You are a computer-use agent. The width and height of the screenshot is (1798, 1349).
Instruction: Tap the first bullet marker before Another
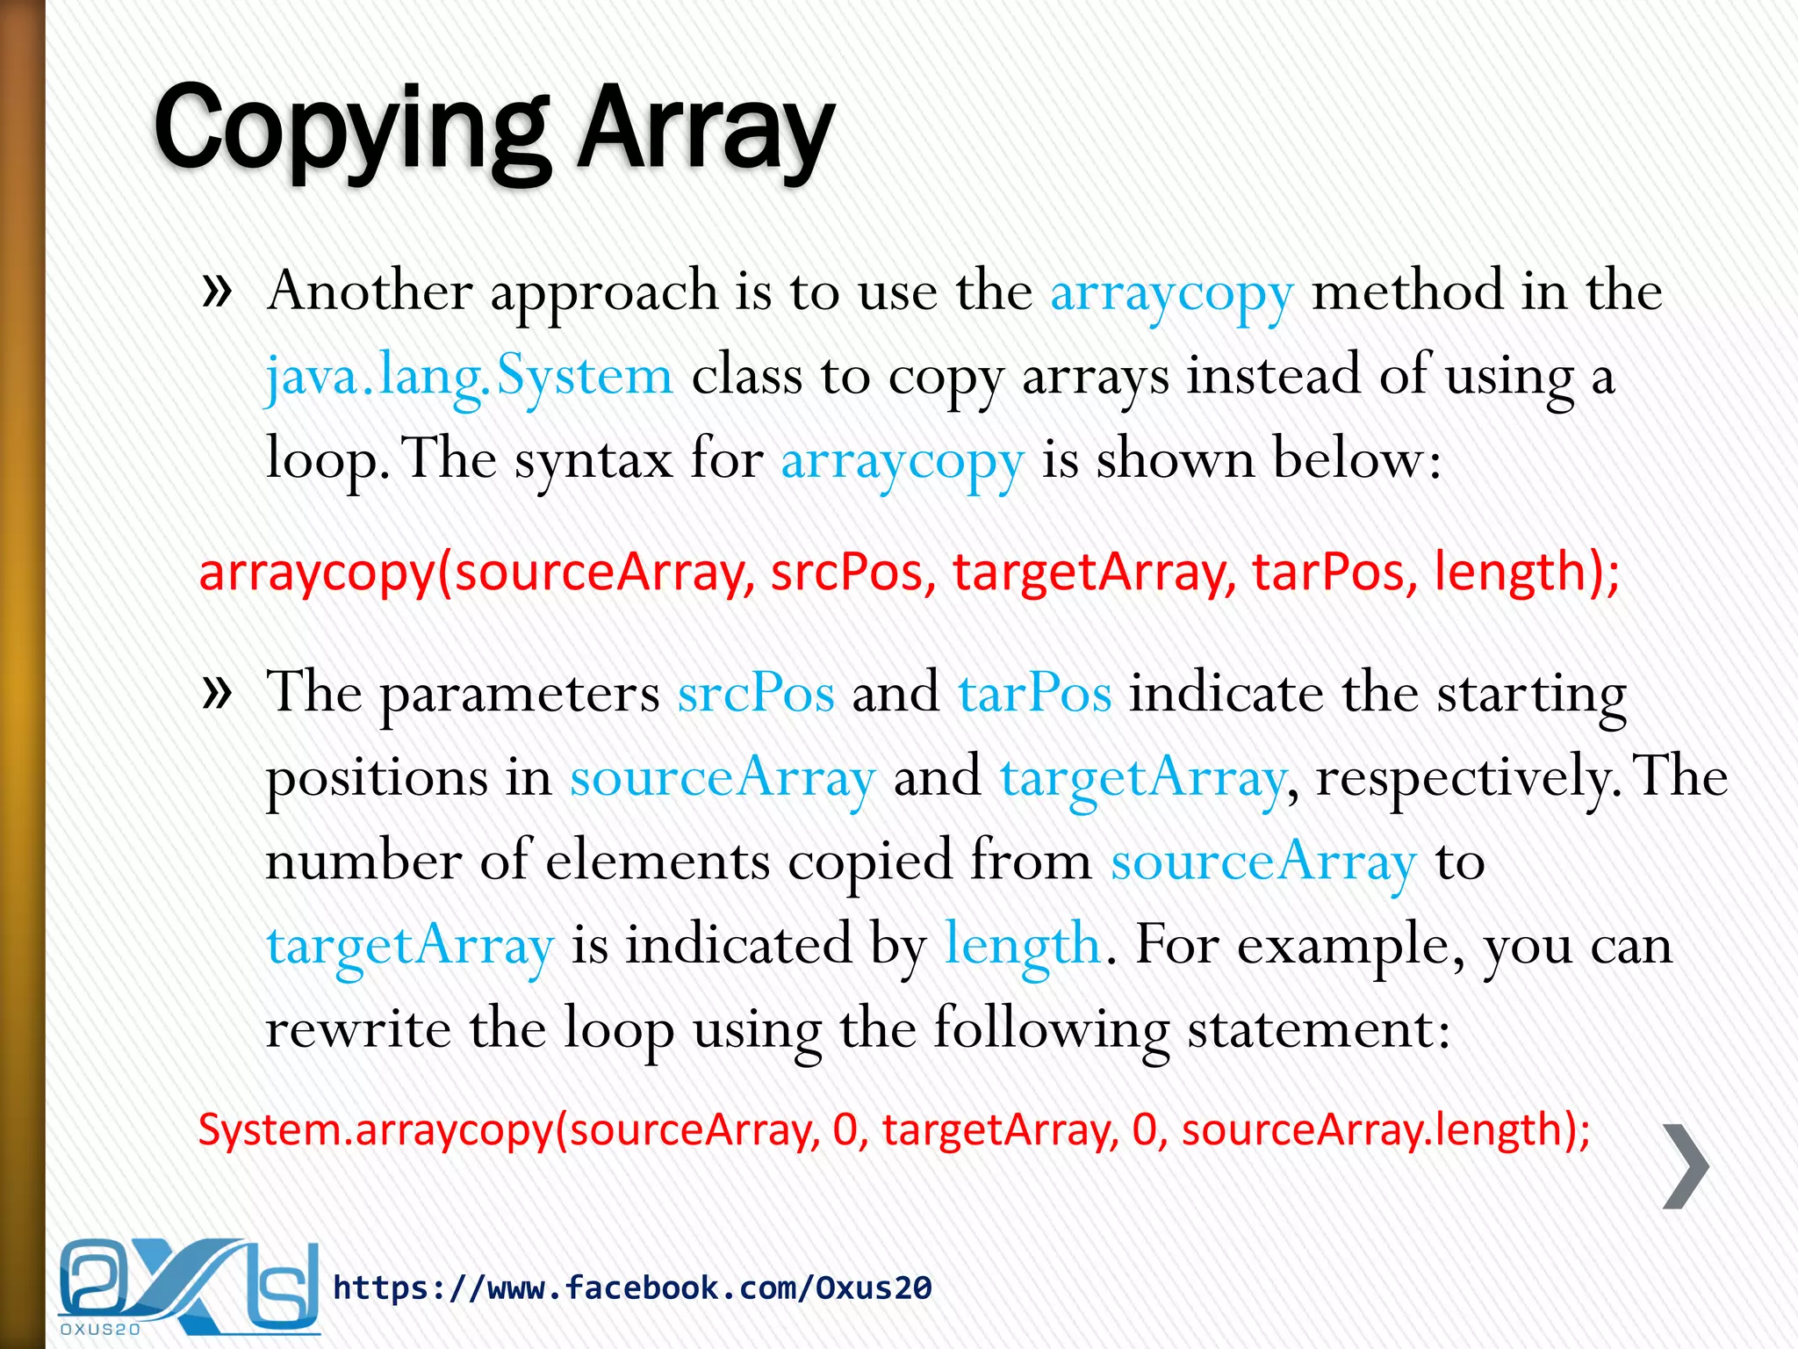pyautogui.click(x=216, y=291)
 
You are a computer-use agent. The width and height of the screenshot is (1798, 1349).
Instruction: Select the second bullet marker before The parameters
pyautogui.click(x=216, y=692)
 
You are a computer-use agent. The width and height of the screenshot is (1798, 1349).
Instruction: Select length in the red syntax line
pyautogui.click(x=1508, y=572)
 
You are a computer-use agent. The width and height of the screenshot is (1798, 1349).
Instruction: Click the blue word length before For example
pyautogui.click(x=1022, y=947)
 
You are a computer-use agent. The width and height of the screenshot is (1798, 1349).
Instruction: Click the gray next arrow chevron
pyautogui.click(x=1686, y=1165)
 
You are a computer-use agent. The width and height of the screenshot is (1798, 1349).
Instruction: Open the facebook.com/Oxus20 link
pyautogui.click(x=632, y=1288)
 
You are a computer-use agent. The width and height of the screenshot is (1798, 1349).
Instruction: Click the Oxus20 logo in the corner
pyautogui.click(x=188, y=1287)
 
